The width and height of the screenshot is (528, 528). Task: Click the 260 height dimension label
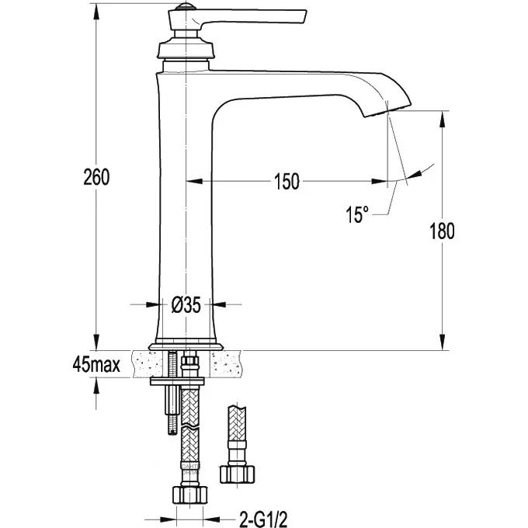click(96, 177)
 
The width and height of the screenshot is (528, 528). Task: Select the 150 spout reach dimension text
click(287, 182)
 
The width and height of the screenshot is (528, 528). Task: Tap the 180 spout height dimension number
click(442, 231)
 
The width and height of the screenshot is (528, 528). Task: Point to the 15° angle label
click(357, 214)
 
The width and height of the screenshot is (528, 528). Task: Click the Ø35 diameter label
click(186, 304)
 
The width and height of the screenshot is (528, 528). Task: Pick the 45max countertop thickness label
click(96, 365)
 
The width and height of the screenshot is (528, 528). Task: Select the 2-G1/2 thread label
click(263, 519)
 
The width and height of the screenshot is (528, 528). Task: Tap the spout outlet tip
click(387, 111)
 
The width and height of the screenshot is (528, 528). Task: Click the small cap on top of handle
click(186, 6)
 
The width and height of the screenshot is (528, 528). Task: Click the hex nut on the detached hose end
click(238, 474)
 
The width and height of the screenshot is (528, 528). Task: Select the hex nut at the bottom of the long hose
click(190, 495)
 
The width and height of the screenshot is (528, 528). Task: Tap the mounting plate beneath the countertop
click(177, 381)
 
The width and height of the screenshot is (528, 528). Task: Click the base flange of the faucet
click(186, 347)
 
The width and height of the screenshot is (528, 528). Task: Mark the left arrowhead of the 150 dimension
click(194, 182)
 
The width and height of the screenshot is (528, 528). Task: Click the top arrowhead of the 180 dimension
click(443, 120)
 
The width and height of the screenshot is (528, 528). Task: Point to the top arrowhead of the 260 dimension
click(96, 12)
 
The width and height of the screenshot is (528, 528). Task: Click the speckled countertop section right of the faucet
click(227, 364)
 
